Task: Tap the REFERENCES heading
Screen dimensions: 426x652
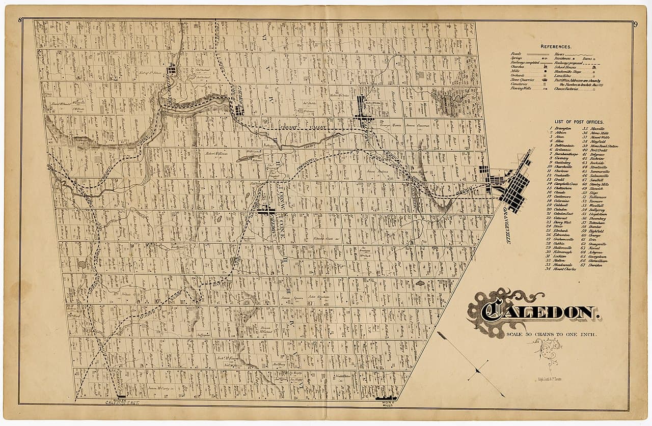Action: coord(556,46)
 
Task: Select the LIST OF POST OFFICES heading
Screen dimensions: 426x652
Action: coord(577,122)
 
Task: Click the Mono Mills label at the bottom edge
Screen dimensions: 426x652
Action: coord(389,404)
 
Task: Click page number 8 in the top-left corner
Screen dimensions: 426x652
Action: coord(19,20)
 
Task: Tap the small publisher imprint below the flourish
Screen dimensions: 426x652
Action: coord(548,379)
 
